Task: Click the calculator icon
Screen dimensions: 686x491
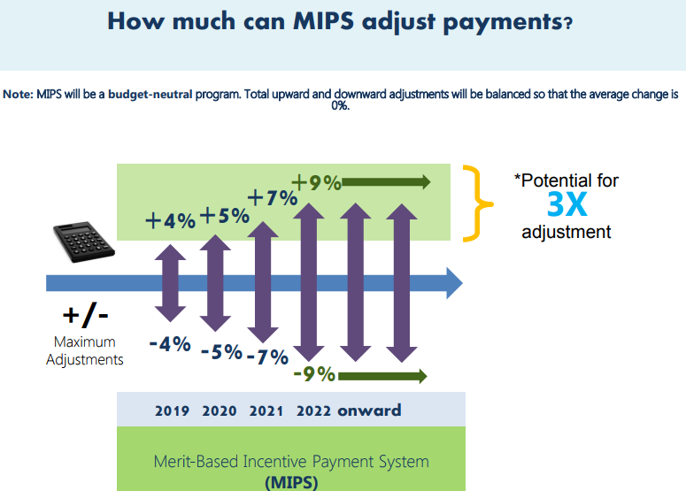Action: click(83, 242)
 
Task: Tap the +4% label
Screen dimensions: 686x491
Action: click(170, 220)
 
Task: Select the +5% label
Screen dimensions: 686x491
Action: click(225, 216)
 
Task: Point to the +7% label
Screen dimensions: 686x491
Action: click(273, 197)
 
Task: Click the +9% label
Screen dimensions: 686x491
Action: click(316, 182)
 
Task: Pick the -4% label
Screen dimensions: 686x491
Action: click(170, 344)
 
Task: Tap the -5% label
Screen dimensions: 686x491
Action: click(221, 351)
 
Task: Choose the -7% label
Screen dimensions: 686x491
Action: click(267, 357)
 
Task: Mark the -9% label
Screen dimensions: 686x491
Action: click(314, 374)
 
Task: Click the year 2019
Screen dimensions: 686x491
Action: click(172, 411)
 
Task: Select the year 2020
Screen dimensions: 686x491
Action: click(220, 411)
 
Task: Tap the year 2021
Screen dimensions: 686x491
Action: click(266, 411)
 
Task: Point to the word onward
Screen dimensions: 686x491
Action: click(369, 410)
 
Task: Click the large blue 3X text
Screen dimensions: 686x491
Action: click(567, 204)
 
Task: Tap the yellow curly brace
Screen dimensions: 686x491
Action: click(478, 203)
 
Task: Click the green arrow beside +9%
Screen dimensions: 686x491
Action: click(386, 182)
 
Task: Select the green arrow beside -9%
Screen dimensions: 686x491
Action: click(382, 376)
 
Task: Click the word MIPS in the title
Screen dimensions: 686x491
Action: click(323, 21)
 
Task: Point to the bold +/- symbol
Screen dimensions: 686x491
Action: click(85, 315)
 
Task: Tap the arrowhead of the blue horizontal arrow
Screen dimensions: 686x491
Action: click(455, 283)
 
